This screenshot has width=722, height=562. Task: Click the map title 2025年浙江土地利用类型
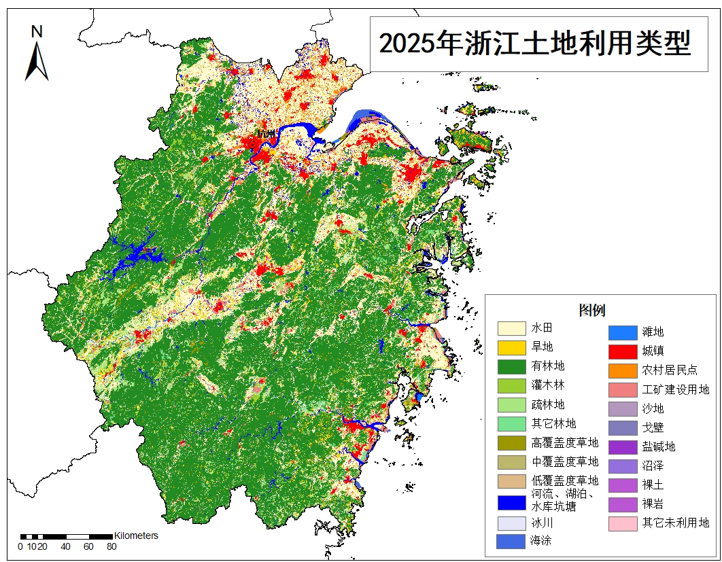click(534, 44)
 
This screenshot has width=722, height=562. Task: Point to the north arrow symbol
click(37, 61)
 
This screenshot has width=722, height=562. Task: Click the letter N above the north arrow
click(37, 31)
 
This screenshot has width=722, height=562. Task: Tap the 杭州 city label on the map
click(266, 133)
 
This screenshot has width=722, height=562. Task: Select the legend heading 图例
click(591, 310)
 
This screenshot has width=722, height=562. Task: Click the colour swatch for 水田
click(511, 328)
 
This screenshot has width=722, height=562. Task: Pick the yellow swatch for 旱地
click(511, 347)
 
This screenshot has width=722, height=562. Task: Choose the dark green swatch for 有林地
click(511, 366)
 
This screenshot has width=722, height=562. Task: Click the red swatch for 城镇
click(621, 351)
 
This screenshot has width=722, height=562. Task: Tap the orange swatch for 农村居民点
click(621, 370)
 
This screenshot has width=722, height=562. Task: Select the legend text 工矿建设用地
click(675, 389)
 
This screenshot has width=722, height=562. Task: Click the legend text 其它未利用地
click(675, 523)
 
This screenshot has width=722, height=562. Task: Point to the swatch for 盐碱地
click(621, 446)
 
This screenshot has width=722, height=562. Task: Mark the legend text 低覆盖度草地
click(565, 480)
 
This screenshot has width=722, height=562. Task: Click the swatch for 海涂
click(511, 541)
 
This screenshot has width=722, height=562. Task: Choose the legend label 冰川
click(543, 523)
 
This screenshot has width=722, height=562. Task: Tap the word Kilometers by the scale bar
click(136, 535)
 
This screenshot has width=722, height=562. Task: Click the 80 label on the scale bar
click(111, 546)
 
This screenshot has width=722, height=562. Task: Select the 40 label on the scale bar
click(65, 546)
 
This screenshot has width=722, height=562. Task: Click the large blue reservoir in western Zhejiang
click(139, 257)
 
